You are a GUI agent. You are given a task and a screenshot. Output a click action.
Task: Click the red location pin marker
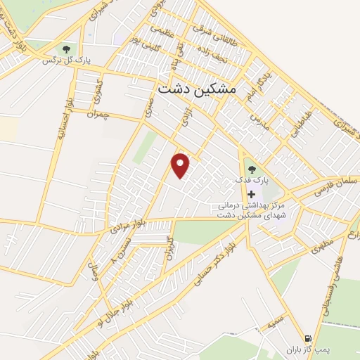click(x=181, y=165)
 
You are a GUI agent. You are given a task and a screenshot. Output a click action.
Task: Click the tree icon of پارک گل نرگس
click(x=66, y=49)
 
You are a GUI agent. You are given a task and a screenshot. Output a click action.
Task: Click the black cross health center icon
click(x=251, y=193)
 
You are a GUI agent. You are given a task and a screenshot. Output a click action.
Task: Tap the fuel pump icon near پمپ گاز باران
click(x=307, y=337)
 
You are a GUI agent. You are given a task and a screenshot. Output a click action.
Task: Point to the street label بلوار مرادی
click(x=130, y=224)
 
